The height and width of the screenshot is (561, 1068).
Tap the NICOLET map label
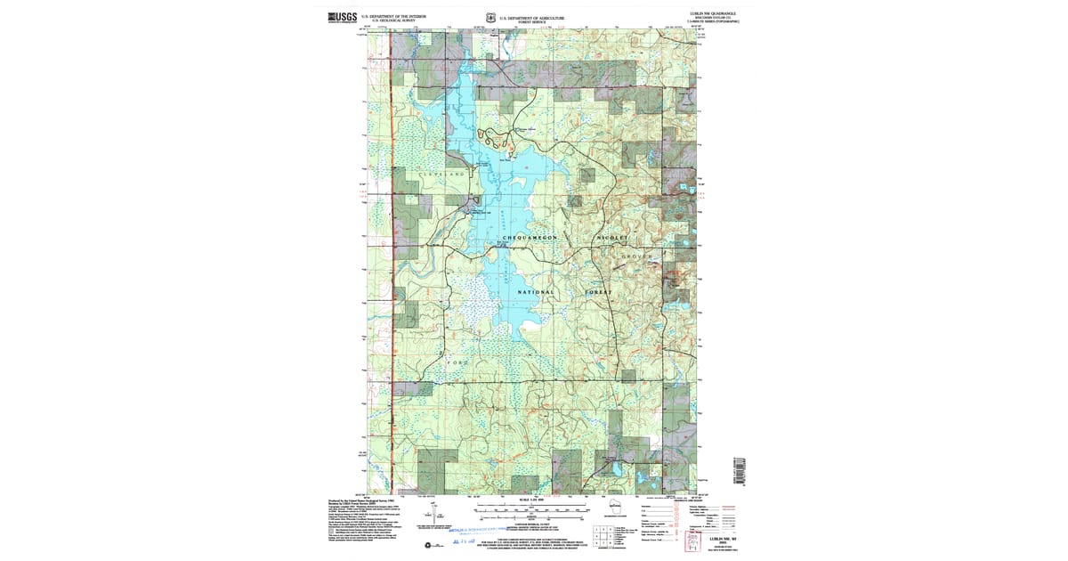pos(613,238)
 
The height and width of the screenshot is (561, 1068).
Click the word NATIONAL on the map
pos(537,292)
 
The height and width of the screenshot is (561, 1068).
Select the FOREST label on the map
pos(599,292)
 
